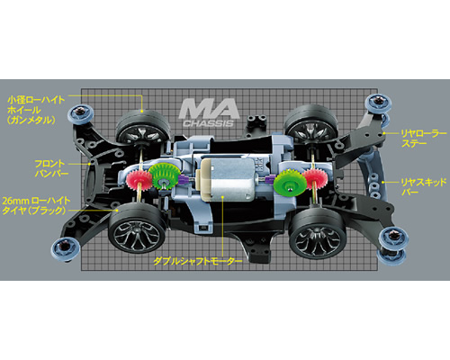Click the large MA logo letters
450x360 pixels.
209,109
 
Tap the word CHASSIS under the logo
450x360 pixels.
208,123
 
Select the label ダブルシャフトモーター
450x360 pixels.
198,261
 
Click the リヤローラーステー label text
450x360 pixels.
424,139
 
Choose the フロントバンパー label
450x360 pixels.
51,168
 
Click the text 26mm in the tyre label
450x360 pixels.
15,201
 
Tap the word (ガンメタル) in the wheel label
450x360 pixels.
31,120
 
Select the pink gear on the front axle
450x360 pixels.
139,181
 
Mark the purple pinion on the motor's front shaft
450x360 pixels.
184,181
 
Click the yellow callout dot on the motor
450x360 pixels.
222,197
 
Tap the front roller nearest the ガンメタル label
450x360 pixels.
79,112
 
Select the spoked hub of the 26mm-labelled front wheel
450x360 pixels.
137,235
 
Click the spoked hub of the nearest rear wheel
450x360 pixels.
319,239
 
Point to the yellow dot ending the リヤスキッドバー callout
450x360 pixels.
383,182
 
